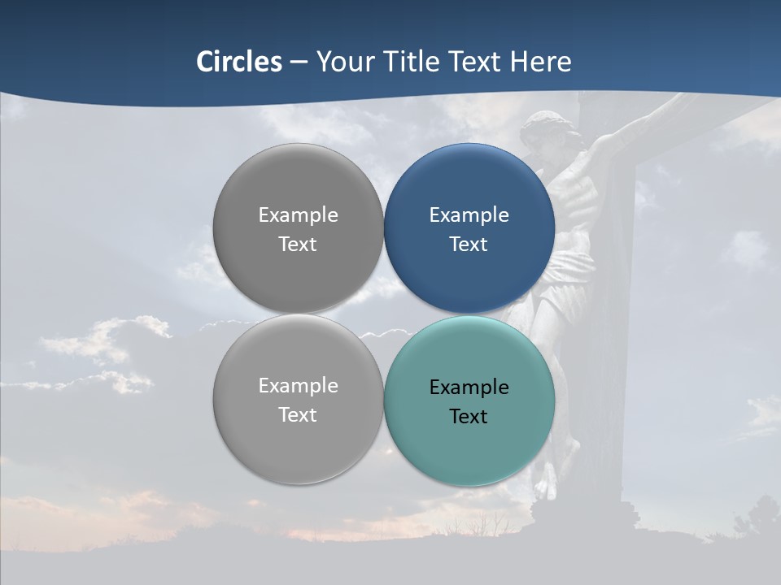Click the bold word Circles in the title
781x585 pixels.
coord(239,62)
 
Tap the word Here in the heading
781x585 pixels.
coord(540,62)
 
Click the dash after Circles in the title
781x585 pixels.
coord(298,63)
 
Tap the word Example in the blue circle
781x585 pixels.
coord(469,215)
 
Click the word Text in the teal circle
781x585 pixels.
coord(469,417)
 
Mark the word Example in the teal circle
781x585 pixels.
coord(469,388)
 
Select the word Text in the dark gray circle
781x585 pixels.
coord(298,245)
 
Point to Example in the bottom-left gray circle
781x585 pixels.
coord(298,386)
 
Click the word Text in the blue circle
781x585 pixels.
coord(469,245)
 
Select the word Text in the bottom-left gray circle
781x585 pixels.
coord(298,415)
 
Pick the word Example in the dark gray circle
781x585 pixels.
coord(298,215)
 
